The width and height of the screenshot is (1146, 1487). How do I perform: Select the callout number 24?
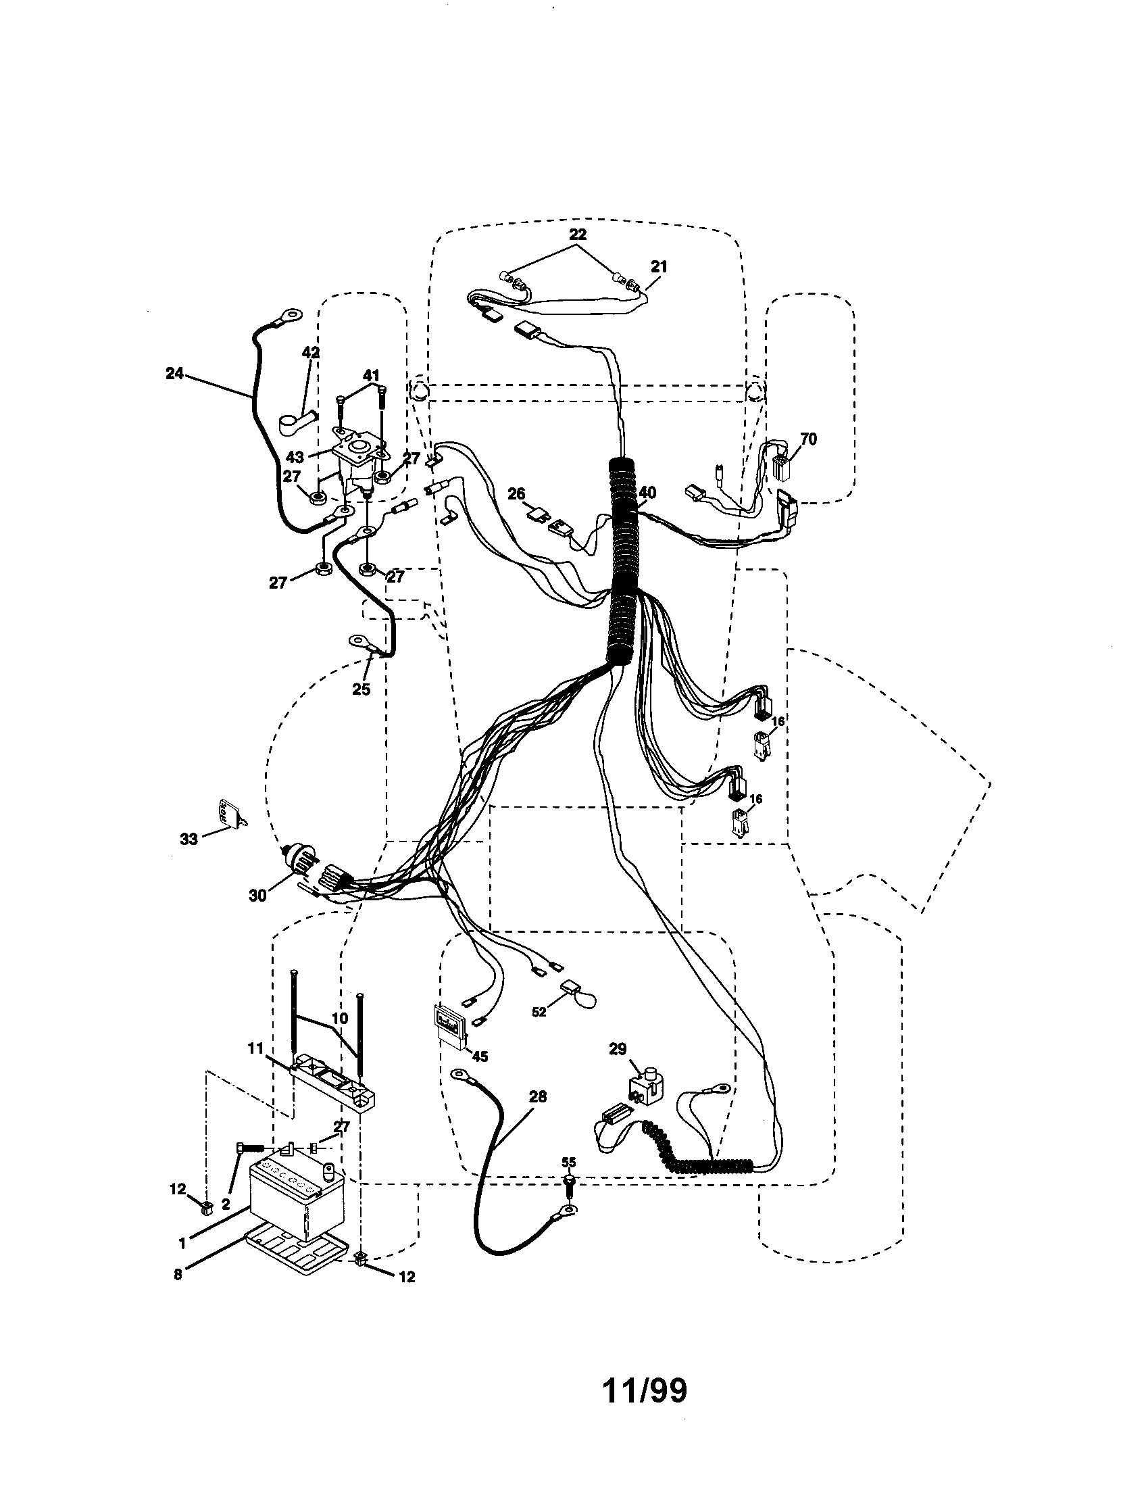tap(175, 373)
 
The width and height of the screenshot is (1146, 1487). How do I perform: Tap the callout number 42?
tap(311, 352)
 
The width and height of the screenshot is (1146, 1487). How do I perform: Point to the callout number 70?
tap(807, 439)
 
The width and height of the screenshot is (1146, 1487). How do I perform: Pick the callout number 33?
tap(189, 839)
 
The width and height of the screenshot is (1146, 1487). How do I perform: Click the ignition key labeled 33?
tap(228, 812)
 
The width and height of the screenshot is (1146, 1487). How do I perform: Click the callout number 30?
tap(257, 896)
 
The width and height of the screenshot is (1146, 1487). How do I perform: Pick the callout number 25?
tap(361, 689)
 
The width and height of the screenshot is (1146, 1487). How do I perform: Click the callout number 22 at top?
tap(578, 234)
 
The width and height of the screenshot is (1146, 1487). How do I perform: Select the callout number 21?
tap(659, 266)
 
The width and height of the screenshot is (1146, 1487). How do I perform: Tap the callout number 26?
tap(517, 493)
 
